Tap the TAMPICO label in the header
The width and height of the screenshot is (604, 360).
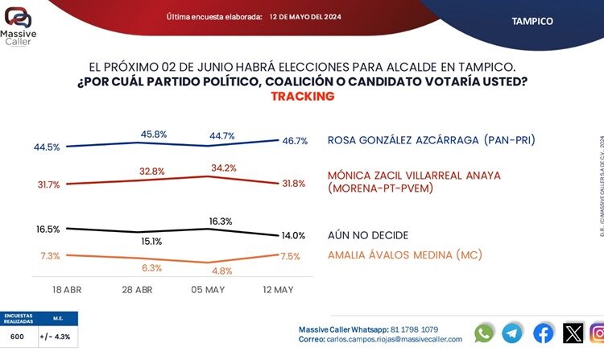532,21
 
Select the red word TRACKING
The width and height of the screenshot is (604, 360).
302,97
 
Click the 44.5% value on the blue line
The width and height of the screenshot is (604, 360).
48,147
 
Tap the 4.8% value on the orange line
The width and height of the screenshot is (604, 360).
223,271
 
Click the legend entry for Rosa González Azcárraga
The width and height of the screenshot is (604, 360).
431,141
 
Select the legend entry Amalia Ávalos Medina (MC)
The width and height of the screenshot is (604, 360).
415,255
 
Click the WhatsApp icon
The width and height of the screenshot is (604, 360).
484,333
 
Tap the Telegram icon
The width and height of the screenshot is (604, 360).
513,333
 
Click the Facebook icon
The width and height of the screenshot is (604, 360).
544,333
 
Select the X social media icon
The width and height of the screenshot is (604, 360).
573,333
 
